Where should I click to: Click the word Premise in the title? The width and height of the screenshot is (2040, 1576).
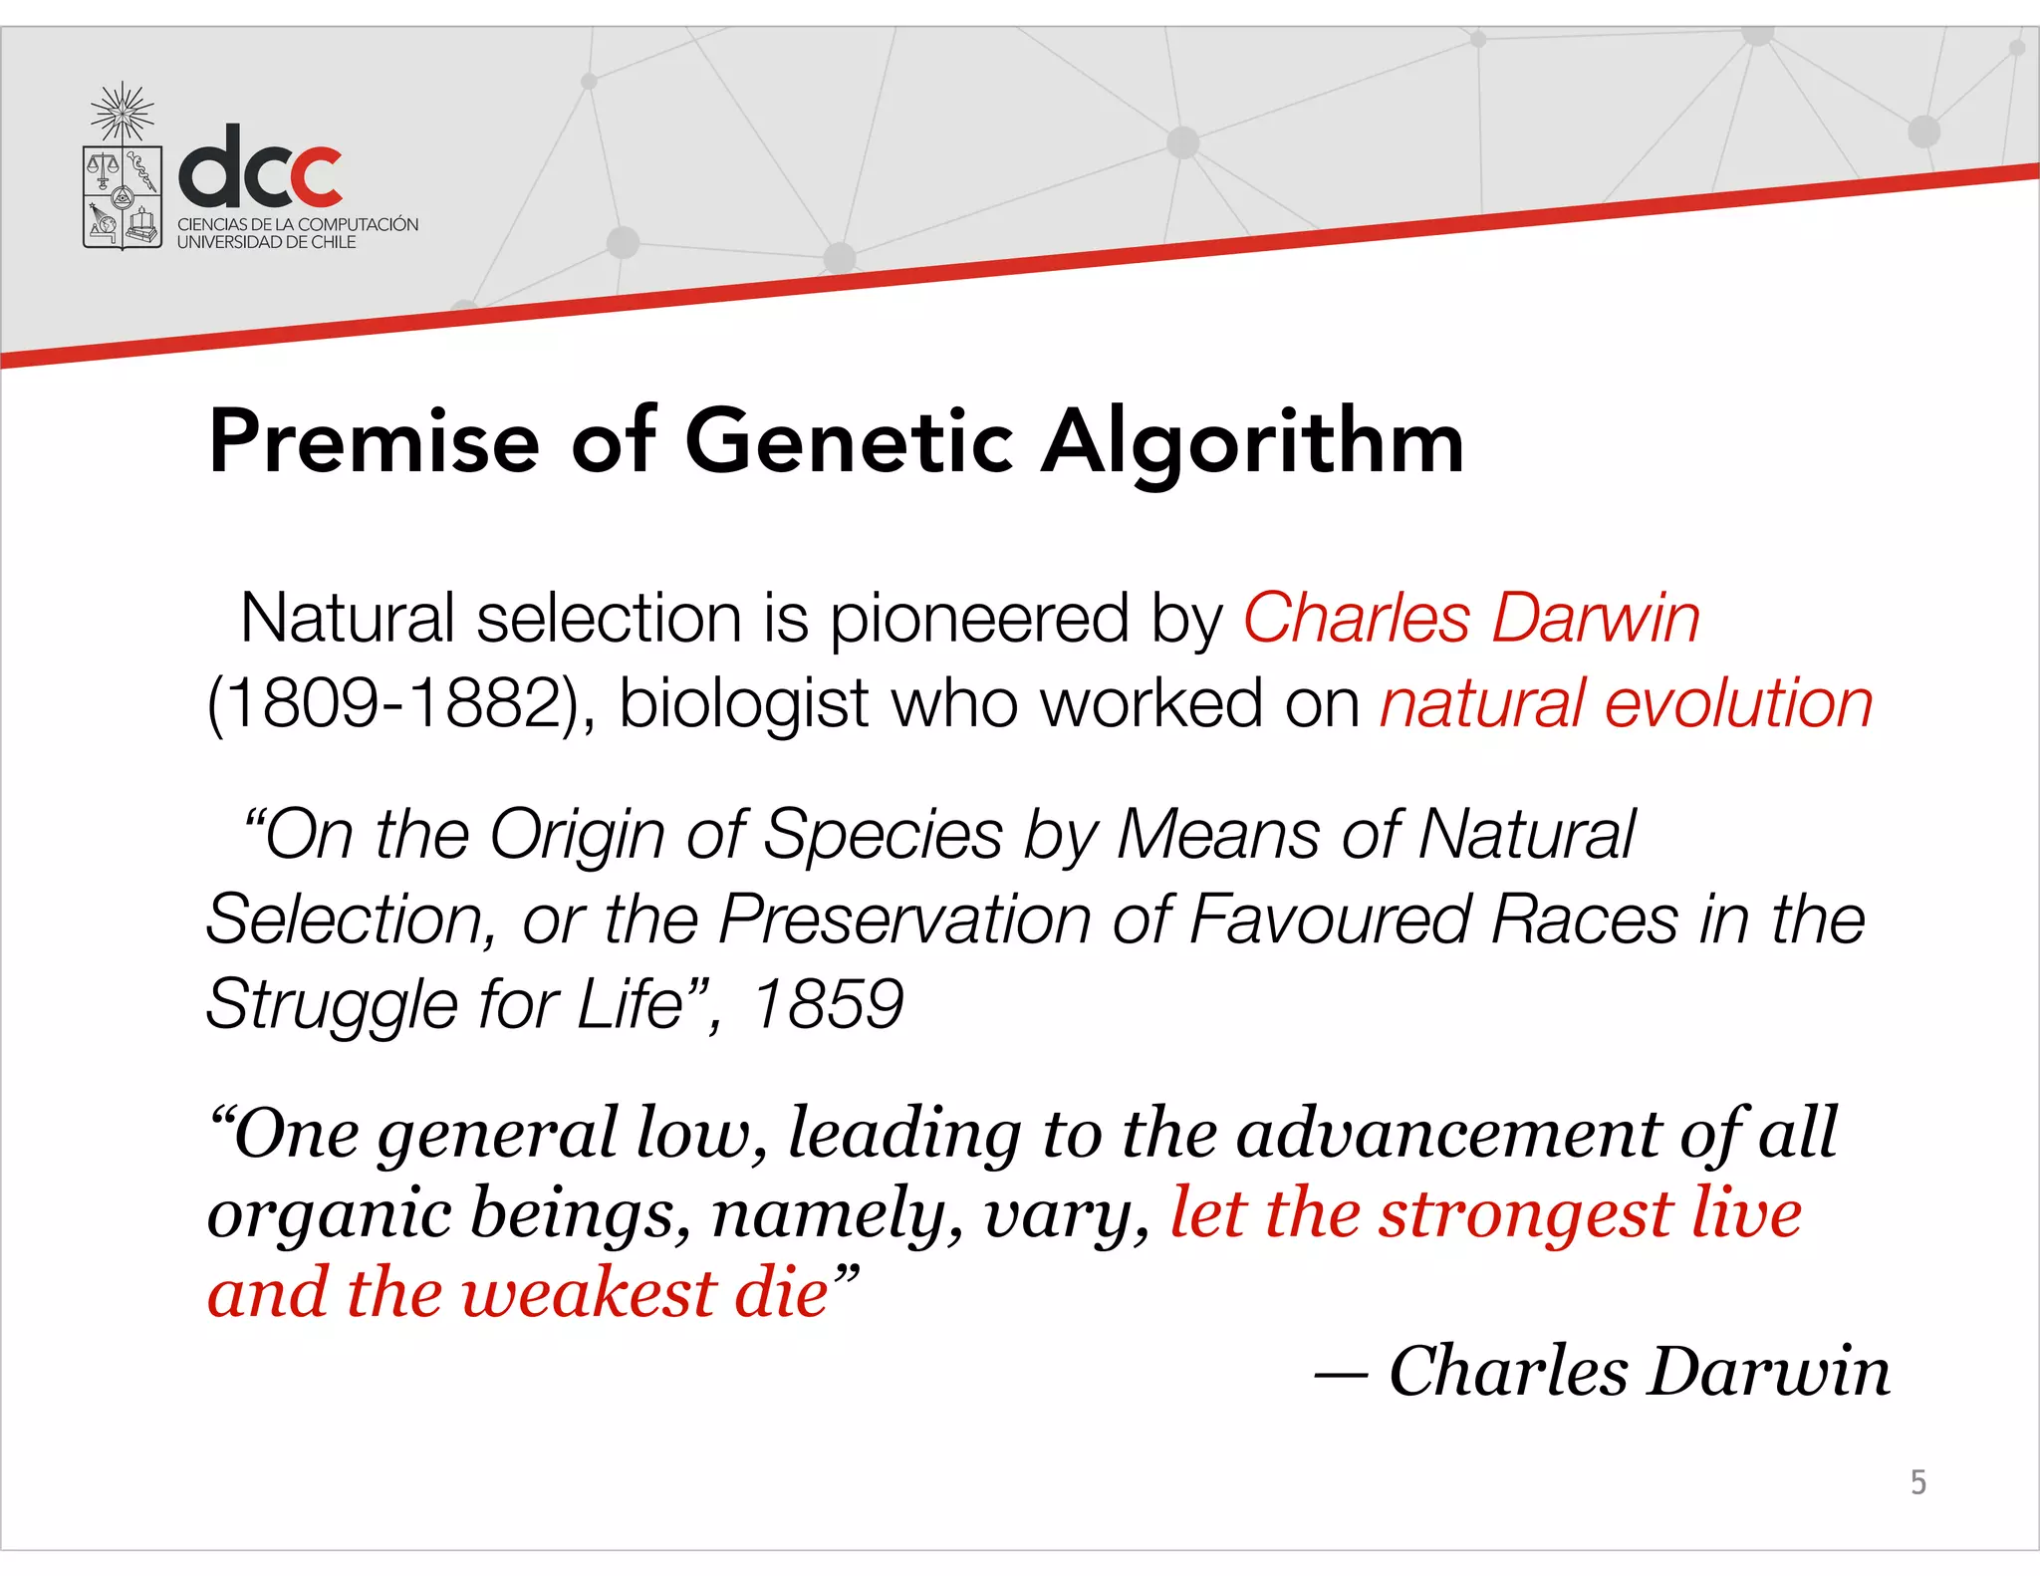pyautogui.click(x=374, y=441)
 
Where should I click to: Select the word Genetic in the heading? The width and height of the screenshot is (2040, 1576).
pyautogui.click(x=849, y=441)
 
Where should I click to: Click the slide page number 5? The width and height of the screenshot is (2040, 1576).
pyautogui.click(x=1917, y=1482)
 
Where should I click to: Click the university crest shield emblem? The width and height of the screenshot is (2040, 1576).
pyautogui.click(x=123, y=195)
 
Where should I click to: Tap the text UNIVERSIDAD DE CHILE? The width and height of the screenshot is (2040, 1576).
pyautogui.click(x=266, y=242)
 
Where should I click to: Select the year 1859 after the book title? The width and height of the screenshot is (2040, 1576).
pyautogui.click(x=828, y=1003)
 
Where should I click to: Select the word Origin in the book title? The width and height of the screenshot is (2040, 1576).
pyautogui.click(x=577, y=836)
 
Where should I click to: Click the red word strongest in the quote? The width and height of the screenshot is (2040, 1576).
pyautogui.click(x=1525, y=1215)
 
